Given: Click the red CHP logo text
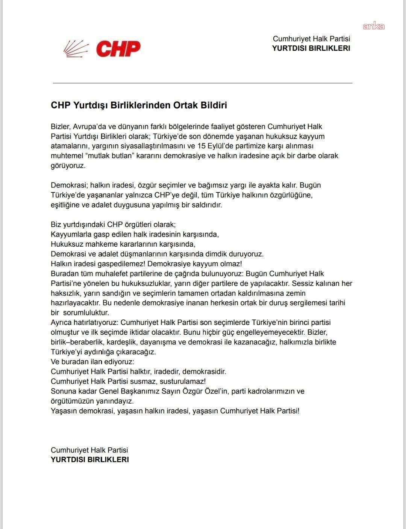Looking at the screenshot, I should (118, 49).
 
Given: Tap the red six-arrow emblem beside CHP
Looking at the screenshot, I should (76, 49).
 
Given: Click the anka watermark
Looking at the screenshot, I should (373, 26).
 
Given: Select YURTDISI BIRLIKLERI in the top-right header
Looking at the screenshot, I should (311, 48).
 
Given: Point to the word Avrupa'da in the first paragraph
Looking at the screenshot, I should (89, 127).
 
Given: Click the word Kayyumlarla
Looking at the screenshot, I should (70, 234).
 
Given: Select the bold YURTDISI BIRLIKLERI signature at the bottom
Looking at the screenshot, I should (89, 460).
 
